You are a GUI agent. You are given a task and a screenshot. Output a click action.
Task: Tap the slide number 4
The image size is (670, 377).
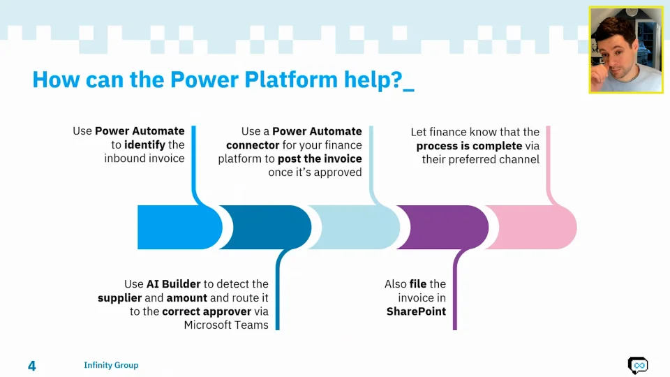click(x=31, y=366)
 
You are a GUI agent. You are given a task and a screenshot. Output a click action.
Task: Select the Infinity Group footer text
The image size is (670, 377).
click(x=111, y=365)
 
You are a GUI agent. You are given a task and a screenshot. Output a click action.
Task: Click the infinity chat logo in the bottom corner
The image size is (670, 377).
click(x=637, y=365)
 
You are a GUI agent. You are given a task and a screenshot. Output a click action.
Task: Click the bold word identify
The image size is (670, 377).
click(x=144, y=145)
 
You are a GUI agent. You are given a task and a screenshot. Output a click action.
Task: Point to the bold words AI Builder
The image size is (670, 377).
click(x=173, y=284)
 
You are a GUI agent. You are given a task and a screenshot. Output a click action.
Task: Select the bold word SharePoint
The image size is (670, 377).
click(x=416, y=311)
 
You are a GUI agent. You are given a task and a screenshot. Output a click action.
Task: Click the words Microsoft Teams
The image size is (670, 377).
click(x=226, y=325)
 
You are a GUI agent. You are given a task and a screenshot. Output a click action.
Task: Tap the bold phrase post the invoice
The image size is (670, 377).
click(x=320, y=158)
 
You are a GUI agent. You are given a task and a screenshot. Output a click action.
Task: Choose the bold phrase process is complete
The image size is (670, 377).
click(x=469, y=145)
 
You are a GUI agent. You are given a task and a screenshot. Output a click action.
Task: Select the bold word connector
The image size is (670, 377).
click(x=252, y=145)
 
